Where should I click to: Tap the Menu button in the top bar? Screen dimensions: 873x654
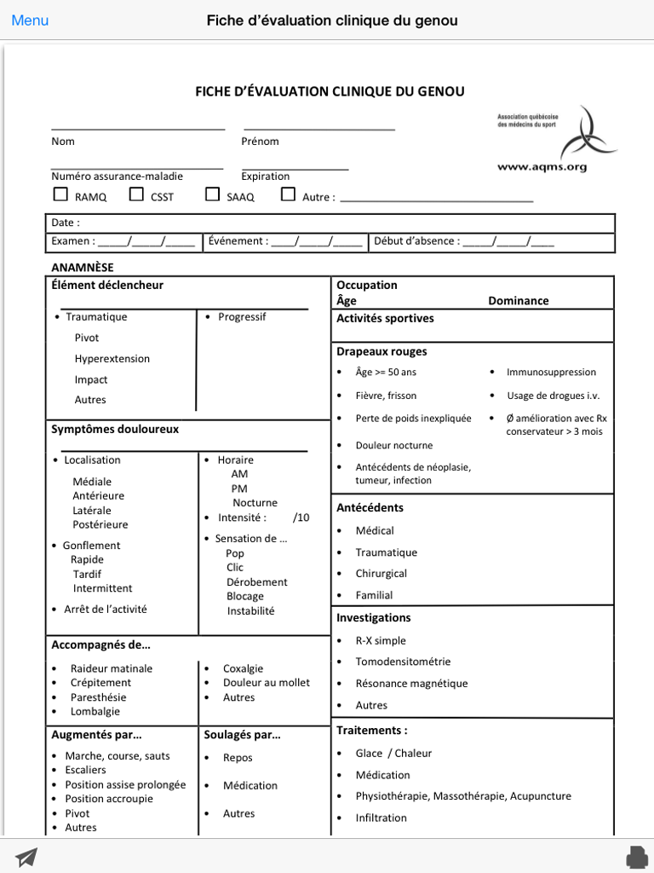[x=30, y=20]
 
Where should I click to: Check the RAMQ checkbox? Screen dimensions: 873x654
[x=60, y=194]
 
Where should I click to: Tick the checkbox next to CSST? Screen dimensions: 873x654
[x=136, y=194]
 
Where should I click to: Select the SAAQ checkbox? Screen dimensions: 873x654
[x=212, y=194]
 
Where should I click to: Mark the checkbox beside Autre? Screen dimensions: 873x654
[x=288, y=194]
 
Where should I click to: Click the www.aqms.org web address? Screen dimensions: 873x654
[x=542, y=167]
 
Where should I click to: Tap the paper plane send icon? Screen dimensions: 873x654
[x=26, y=856]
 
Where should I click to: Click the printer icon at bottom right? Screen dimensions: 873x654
[x=635, y=856]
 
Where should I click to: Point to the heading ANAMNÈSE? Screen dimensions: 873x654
[x=82, y=267]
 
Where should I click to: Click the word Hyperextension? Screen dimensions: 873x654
[x=112, y=359]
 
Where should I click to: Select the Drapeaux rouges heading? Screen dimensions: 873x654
[x=381, y=351]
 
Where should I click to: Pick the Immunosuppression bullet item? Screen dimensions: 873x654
[x=551, y=372]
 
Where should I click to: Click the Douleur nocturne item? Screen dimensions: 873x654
[x=393, y=445]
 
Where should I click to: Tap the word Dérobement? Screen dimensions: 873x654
[x=256, y=582]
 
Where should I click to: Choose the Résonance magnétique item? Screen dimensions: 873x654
[x=411, y=683]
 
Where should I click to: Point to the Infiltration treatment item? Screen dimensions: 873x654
[x=381, y=818]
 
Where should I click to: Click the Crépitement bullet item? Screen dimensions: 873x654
[x=100, y=683]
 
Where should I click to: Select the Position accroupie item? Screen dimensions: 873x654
[x=109, y=799]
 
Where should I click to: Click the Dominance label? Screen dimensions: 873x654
[x=518, y=301]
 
